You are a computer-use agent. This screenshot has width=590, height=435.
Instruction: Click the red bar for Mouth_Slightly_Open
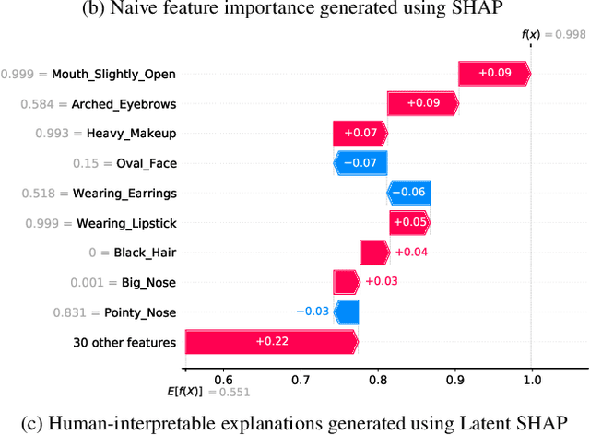(x=493, y=74)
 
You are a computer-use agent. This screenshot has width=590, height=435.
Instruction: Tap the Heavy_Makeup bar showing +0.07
(x=360, y=134)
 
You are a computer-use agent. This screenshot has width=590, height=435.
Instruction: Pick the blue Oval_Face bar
(x=360, y=163)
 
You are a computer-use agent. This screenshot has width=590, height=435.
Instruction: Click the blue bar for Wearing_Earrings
(x=408, y=193)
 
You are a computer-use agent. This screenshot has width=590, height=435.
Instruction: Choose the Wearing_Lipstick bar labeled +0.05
(x=409, y=222)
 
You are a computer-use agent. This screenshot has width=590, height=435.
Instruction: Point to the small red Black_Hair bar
(x=374, y=253)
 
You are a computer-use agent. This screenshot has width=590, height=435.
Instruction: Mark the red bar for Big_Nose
(x=346, y=282)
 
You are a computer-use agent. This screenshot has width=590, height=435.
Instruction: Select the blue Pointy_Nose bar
(x=346, y=312)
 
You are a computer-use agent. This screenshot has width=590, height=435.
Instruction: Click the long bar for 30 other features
(x=271, y=342)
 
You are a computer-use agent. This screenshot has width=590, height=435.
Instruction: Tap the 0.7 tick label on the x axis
(x=301, y=379)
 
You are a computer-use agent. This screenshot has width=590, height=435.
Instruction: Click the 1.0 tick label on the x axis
(x=531, y=379)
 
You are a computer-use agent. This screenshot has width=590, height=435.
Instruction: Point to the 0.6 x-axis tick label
(x=224, y=379)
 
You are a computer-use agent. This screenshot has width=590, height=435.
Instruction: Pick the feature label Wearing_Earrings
(x=126, y=194)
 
